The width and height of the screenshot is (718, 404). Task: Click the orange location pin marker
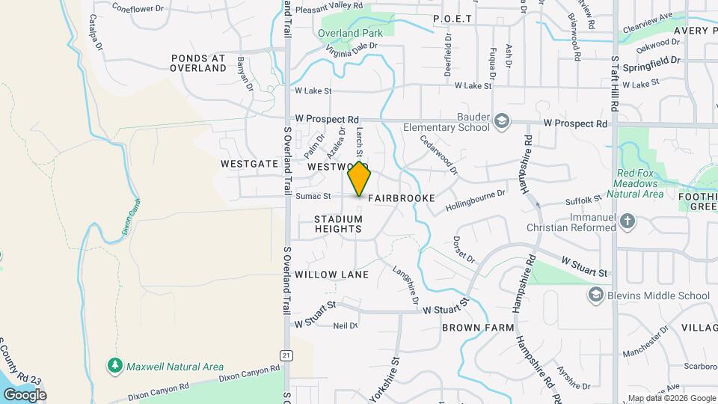point(360,179)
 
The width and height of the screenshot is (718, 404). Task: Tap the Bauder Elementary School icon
point(502,121)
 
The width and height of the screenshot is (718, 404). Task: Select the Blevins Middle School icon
point(596,296)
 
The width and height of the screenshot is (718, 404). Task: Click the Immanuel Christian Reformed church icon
point(628,221)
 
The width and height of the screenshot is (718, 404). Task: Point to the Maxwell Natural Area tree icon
point(114,367)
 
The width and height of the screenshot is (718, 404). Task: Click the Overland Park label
point(350,33)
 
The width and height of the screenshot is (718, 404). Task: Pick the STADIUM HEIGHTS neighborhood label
point(338,224)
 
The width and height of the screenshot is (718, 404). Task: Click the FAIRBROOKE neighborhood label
point(401,198)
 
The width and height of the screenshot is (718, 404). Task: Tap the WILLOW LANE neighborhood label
point(331,275)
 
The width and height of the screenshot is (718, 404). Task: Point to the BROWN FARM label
point(478,328)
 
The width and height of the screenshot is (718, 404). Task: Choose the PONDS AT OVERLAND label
point(198,63)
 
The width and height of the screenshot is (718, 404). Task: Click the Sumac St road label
point(313,197)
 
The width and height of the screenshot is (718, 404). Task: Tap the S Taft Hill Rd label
point(614,82)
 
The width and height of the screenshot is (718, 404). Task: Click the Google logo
point(25,394)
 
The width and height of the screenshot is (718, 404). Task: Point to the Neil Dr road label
point(345,325)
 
